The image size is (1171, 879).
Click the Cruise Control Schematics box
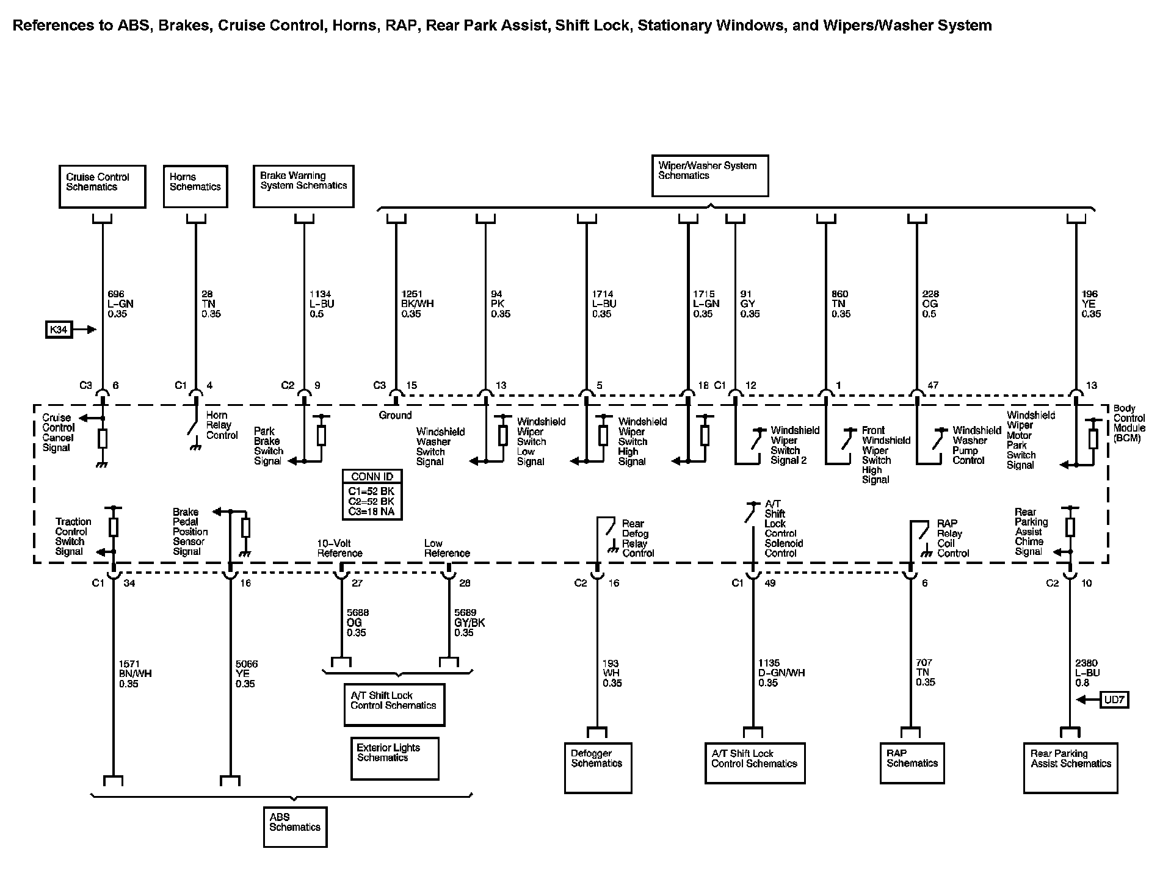pos(102,186)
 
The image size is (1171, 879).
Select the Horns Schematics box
pos(195,186)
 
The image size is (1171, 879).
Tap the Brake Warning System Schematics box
pos(303,186)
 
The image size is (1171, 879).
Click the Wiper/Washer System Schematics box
pos(709,175)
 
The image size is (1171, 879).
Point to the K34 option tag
pos(59,330)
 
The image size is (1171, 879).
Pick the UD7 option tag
pos(1114,700)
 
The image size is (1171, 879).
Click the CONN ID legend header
pos(372,477)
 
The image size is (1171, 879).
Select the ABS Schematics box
pos(295,827)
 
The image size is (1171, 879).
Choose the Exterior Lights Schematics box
pos(394,758)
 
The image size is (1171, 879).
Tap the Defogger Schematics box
pos(598,767)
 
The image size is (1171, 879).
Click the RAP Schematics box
pos(912,762)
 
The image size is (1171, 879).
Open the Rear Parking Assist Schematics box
pos(1070,767)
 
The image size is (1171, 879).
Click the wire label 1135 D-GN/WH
pos(781,673)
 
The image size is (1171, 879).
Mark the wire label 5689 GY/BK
pos(469,623)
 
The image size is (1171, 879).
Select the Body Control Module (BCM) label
pos(1129,423)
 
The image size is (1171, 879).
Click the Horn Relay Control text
pos(222,425)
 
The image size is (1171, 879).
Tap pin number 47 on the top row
pos(932,385)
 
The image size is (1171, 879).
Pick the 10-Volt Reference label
pos(339,548)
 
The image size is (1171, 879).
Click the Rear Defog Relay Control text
pos(637,538)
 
